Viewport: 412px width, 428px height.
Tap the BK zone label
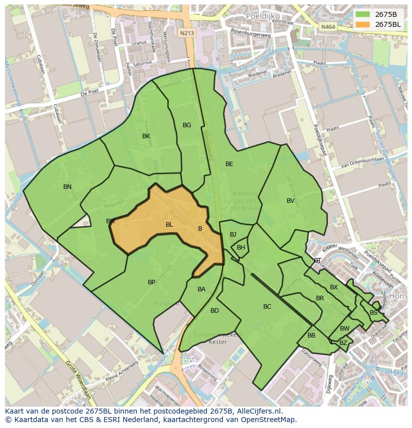[146, 136]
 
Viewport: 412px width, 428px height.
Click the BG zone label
[187, 125]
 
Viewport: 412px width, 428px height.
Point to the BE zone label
[229, 164]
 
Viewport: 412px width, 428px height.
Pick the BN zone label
[67, 187]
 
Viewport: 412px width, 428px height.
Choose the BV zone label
[291, 201]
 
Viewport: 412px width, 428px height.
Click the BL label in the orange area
[169, 225]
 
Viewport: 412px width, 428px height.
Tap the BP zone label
[152, 282]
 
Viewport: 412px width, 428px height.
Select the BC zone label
[267, 307]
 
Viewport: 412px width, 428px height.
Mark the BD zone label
[214, 311]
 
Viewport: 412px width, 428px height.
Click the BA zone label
[202, 289]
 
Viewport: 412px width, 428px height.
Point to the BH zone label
[241, 248]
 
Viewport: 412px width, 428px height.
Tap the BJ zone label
[233, 235]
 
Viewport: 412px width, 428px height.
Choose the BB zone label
[311, 336]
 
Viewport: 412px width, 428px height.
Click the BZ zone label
[343, 343]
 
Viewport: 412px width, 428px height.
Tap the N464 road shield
[328, 27]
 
